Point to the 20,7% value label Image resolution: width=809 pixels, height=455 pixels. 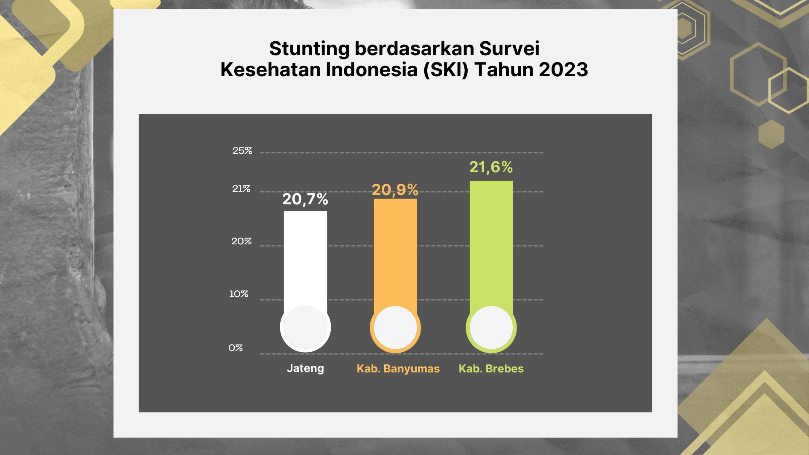tap(305, 199)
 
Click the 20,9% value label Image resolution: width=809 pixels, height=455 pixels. tap(395, 190)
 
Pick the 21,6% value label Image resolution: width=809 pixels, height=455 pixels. tap(491, 167)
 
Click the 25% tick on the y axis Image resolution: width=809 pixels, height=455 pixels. tap(242, 151)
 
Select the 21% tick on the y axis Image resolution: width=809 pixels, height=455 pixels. tap(241, 189)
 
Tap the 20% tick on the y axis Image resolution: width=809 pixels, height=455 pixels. tap(241, 241)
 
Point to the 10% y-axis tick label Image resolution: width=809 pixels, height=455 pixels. tap(238, 294)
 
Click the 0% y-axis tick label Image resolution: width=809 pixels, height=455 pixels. tap(236, 348)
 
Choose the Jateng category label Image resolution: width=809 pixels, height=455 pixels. tap(305, 369)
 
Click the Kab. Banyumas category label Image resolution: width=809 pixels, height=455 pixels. tap(398, 369)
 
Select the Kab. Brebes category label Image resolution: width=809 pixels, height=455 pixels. tap(491, 369)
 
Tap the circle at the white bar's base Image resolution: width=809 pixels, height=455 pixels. tap(305, 327)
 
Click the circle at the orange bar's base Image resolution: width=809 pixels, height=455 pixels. tap(395, 328)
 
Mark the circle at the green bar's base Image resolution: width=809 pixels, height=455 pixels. tap(491, 328)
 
